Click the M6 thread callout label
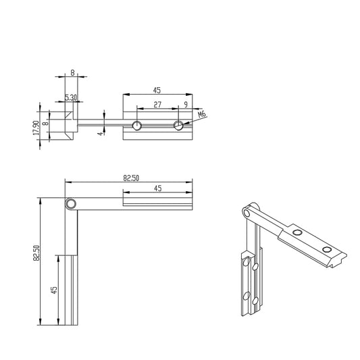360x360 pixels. pyautogui.click(x=201, y=115)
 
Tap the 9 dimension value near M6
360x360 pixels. pyautogui.click(x=186, y=104)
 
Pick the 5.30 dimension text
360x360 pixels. pyautogui.click(x=70, y=98)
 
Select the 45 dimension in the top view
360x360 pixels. pyautogui.click(x=157, y=88)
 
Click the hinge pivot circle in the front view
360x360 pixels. pyautogui.click(x=70, y=204)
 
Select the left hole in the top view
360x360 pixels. pyautogui.click(x=137, y=125)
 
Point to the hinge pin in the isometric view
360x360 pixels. pyautogui.click(x=248, y=213)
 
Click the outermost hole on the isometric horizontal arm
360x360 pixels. pyautogui.click(x=327, y=251)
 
